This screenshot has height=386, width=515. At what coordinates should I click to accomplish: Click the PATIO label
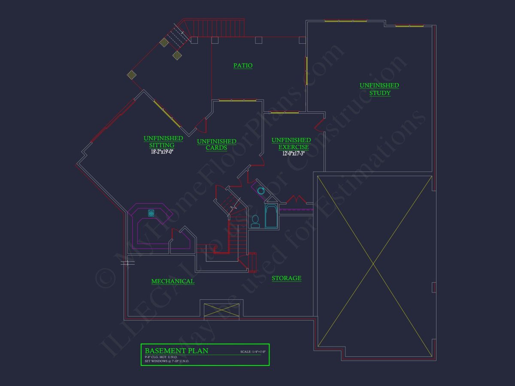click(243, 66)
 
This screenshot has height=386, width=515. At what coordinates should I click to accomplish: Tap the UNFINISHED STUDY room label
click(379, 89)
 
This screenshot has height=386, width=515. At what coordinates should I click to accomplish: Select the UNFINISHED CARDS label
click(216, 145)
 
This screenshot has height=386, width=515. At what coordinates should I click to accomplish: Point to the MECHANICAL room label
click(173, 281)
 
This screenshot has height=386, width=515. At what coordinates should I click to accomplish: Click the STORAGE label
click(286, 278)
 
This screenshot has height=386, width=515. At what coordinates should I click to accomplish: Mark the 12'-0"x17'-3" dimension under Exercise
click(291, 153)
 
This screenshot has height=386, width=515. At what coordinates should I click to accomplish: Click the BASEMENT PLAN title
click(176, 351)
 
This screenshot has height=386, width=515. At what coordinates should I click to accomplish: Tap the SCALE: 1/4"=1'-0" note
click(253, 352)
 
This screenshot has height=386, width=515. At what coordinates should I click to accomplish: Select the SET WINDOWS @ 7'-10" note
click(167, 361)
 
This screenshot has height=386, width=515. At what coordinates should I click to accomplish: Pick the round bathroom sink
click(261, 190)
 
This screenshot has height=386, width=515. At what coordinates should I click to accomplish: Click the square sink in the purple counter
click(151, 212)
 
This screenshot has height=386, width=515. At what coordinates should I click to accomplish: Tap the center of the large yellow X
click(374, 262)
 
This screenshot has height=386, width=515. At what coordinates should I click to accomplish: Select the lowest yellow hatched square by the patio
click(132, 75)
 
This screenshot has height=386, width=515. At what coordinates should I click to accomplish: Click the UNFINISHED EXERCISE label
click(291, 144)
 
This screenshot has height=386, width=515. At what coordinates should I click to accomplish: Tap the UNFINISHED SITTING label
click(163, 142)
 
